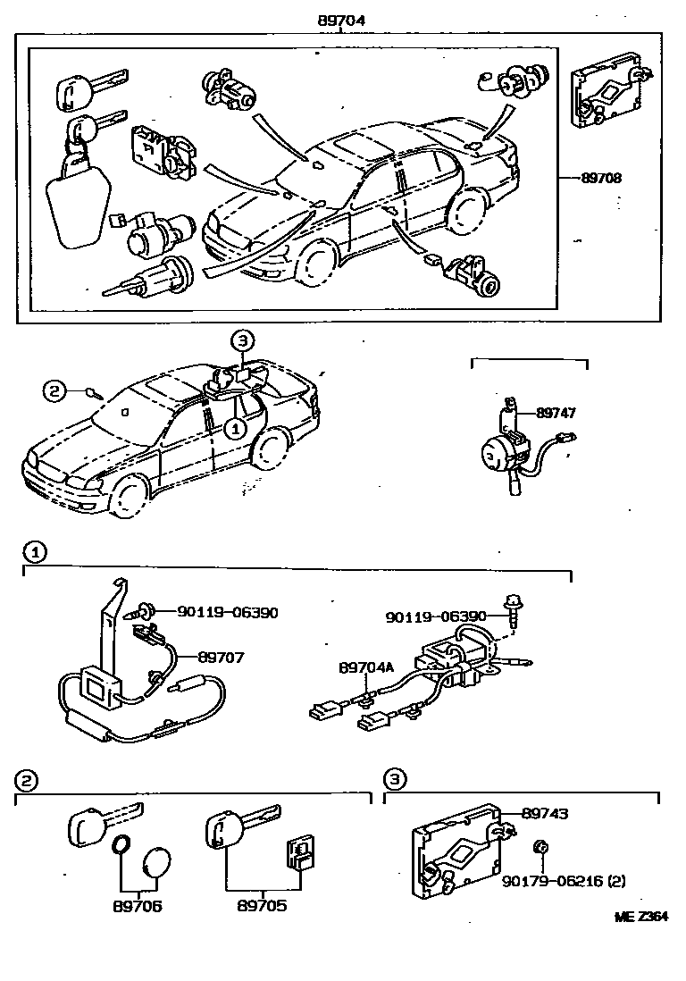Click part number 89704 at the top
(342, 20)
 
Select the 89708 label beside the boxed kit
(600, 178)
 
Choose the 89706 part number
(138, 905)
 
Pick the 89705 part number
(262, 905)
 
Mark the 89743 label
(545, 813)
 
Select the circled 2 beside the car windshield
(54, 390)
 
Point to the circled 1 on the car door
(234, 429)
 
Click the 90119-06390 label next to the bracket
(227, 613)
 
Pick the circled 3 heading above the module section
(394, 780)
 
